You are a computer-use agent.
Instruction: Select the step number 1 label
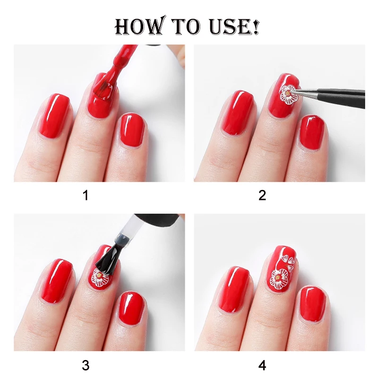[x=86, y=195]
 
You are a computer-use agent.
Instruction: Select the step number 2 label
[x=262, y=195]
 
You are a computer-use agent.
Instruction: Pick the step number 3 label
[x=86, y=364]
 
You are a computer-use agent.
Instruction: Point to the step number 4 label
[x=262, y=364]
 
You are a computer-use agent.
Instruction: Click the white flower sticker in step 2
[x=288, y=94]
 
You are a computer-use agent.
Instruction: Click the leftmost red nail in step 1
[x=53, y=116]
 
